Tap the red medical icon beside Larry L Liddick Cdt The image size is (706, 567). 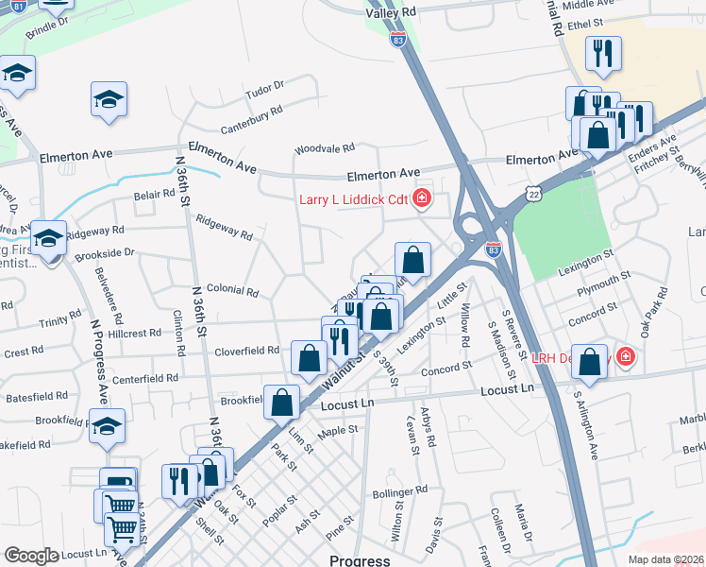pos(422,198)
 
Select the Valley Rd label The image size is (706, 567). pos(391,11)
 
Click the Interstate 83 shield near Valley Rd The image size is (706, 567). pos(397,40)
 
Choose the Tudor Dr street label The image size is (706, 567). pos(264,87)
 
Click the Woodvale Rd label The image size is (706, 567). pos(324,148)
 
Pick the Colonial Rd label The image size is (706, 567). pos(232,290)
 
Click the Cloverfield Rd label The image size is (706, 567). pos(247,350)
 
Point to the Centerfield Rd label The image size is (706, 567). pos(146,378)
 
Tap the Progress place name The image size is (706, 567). pos(360,559)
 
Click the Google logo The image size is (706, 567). pos(31,556)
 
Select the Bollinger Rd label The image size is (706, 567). pos(401,490)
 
